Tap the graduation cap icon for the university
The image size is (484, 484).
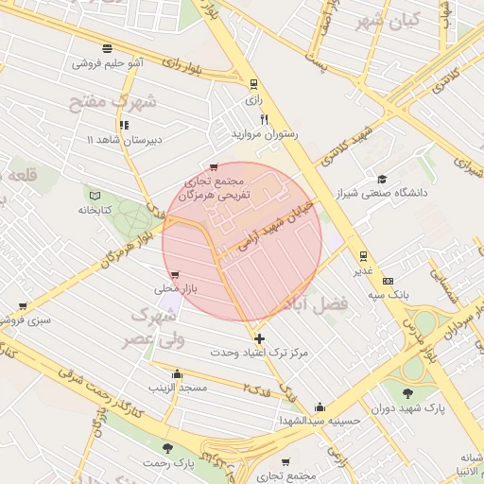pyautogui.click(x=382, y=179)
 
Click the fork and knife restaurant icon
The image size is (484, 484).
pyautogui.click(x=265, y=120)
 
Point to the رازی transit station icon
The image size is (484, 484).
pyautogui.click(x=252, y=84)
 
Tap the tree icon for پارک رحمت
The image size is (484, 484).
pyautogui.click(x=167, y=448)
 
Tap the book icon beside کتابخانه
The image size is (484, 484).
pyautogui.click(x=92, y=194)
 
